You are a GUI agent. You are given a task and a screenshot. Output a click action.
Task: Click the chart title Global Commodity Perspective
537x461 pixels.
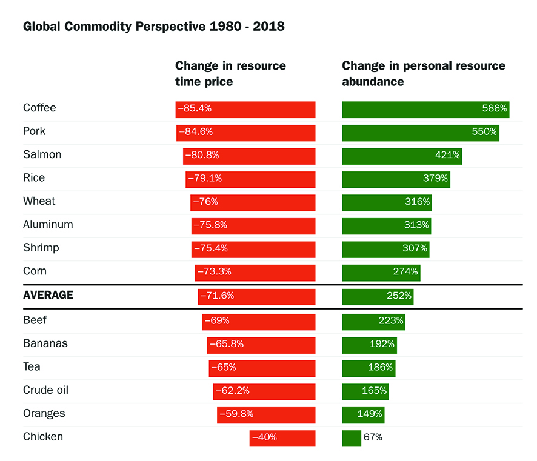(x=153, y=27)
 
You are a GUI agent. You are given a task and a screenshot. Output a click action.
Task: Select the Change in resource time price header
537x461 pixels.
(x=230, y=73)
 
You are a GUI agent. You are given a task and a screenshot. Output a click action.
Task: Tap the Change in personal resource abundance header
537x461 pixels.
(x=423, y=73)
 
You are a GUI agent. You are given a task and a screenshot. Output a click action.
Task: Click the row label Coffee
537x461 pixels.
(x=39, y=108)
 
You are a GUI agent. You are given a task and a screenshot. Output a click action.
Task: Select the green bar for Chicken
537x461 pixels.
(x=352, y=437)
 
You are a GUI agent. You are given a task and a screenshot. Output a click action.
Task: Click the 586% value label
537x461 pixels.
(x=495, y=109)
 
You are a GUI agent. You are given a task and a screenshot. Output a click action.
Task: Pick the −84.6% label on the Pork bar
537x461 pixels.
(x=196, y=132)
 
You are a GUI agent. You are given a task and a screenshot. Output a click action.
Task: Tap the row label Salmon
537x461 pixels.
(x=42, y=154)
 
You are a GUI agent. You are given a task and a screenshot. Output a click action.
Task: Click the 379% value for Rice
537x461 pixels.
(x=435, y=179)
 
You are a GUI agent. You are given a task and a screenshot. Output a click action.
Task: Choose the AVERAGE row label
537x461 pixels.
(x=48, y=295)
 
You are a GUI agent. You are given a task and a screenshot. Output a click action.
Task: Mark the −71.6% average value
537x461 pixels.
(x=217, y=296)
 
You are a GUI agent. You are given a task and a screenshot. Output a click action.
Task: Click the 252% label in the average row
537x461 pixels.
(x=399, y=296)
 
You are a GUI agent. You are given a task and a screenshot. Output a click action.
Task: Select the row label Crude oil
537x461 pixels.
(x=46, y=390)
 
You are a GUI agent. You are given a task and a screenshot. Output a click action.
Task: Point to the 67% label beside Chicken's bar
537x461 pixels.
(x=373, y=437)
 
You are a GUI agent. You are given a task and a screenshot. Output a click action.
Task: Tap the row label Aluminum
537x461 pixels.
(x=48, y=225)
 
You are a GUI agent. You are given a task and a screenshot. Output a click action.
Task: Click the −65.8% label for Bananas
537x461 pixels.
(x=227, y=344)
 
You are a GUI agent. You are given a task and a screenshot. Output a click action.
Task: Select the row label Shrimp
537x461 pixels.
(x=41, y=248)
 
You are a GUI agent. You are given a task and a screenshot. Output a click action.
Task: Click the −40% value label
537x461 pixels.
(x=264, y=437)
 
